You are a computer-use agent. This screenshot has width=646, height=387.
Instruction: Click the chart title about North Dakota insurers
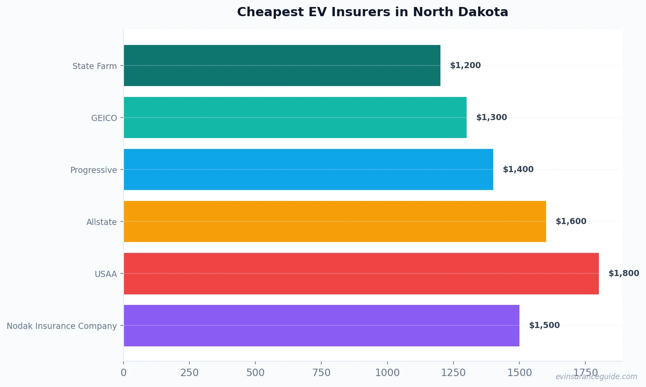[x=372, y=12]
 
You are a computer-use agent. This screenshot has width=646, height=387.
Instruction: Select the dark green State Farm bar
[x=282, y=66]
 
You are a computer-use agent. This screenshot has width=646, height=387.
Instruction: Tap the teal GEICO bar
[x=295, y=117]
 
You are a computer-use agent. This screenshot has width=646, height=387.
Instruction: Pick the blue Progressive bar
[x=308, y=169]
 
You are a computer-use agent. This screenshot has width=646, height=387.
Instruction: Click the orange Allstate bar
[x=335, y=221]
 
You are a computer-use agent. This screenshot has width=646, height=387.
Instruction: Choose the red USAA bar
[x=361, y=273]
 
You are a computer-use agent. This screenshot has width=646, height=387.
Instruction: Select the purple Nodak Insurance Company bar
[x=321, y=325]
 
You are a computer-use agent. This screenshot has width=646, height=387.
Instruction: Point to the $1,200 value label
[x=465, y=66]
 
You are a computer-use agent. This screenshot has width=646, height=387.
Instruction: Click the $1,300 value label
[x=491, y=117]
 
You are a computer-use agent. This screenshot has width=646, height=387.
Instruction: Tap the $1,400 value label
[x=518, y=169]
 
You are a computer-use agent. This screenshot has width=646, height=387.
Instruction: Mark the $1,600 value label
[x=571, y=221]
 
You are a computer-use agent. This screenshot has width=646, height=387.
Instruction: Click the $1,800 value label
[x=623, y=273]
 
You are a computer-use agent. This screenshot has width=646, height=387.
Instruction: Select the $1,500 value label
[x=544, y=325]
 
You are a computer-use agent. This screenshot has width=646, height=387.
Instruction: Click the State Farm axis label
[x=95, y=66]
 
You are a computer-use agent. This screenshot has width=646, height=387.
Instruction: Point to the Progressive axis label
[x=93, y=170]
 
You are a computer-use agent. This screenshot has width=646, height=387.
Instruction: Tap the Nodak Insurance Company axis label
[x=62, y=326]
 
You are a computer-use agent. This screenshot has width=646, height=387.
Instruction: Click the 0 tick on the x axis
[x=124, y=373]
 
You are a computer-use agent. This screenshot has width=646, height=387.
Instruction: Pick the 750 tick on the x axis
[x=321, y=373]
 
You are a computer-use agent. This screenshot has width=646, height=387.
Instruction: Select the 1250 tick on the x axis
[x=454, y=373]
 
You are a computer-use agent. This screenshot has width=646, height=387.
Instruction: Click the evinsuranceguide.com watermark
[x=596, y=377]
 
